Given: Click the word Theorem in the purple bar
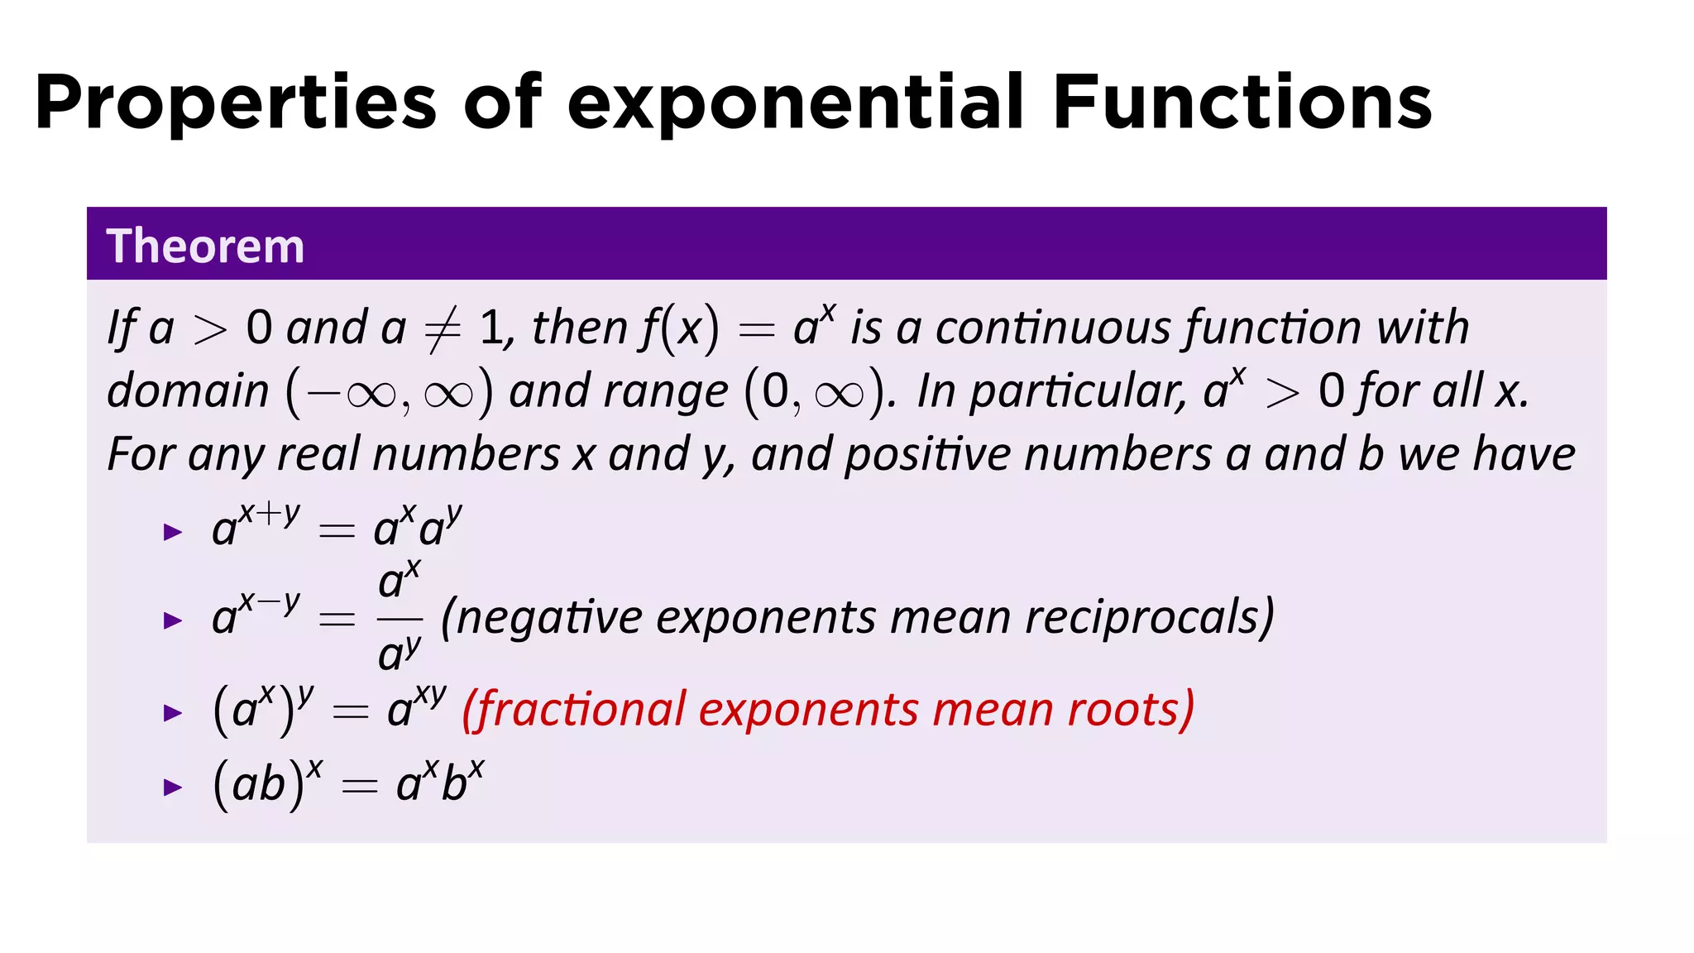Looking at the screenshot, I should coord(205,246).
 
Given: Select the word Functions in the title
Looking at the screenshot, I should coord(1242,103).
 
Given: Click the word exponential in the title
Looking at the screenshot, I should coord(795,103).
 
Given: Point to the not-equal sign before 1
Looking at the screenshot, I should coord(442,330).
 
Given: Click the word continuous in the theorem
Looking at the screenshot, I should coord(1053,328).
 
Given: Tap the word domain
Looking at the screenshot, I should coord(189,390).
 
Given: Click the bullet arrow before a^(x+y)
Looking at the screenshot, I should coord(173,532).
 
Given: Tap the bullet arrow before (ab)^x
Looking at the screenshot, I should coord(173,787).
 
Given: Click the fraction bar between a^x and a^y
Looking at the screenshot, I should coord(400,618).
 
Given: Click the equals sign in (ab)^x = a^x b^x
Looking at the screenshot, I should coord(359,786).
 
